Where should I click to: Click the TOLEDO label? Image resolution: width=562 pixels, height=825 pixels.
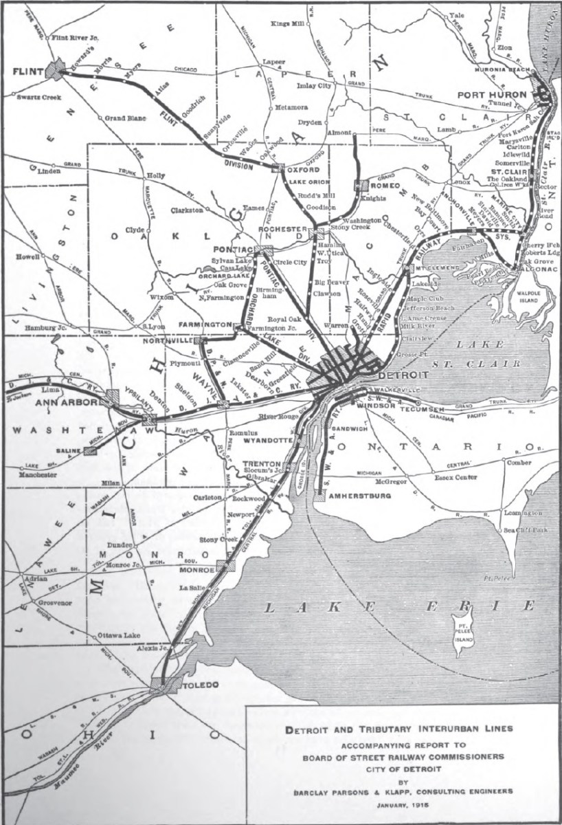[199, 685]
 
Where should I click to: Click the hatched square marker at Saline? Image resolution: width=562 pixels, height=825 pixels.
[90, 450]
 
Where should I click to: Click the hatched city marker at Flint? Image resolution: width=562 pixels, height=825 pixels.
[56, 68]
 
